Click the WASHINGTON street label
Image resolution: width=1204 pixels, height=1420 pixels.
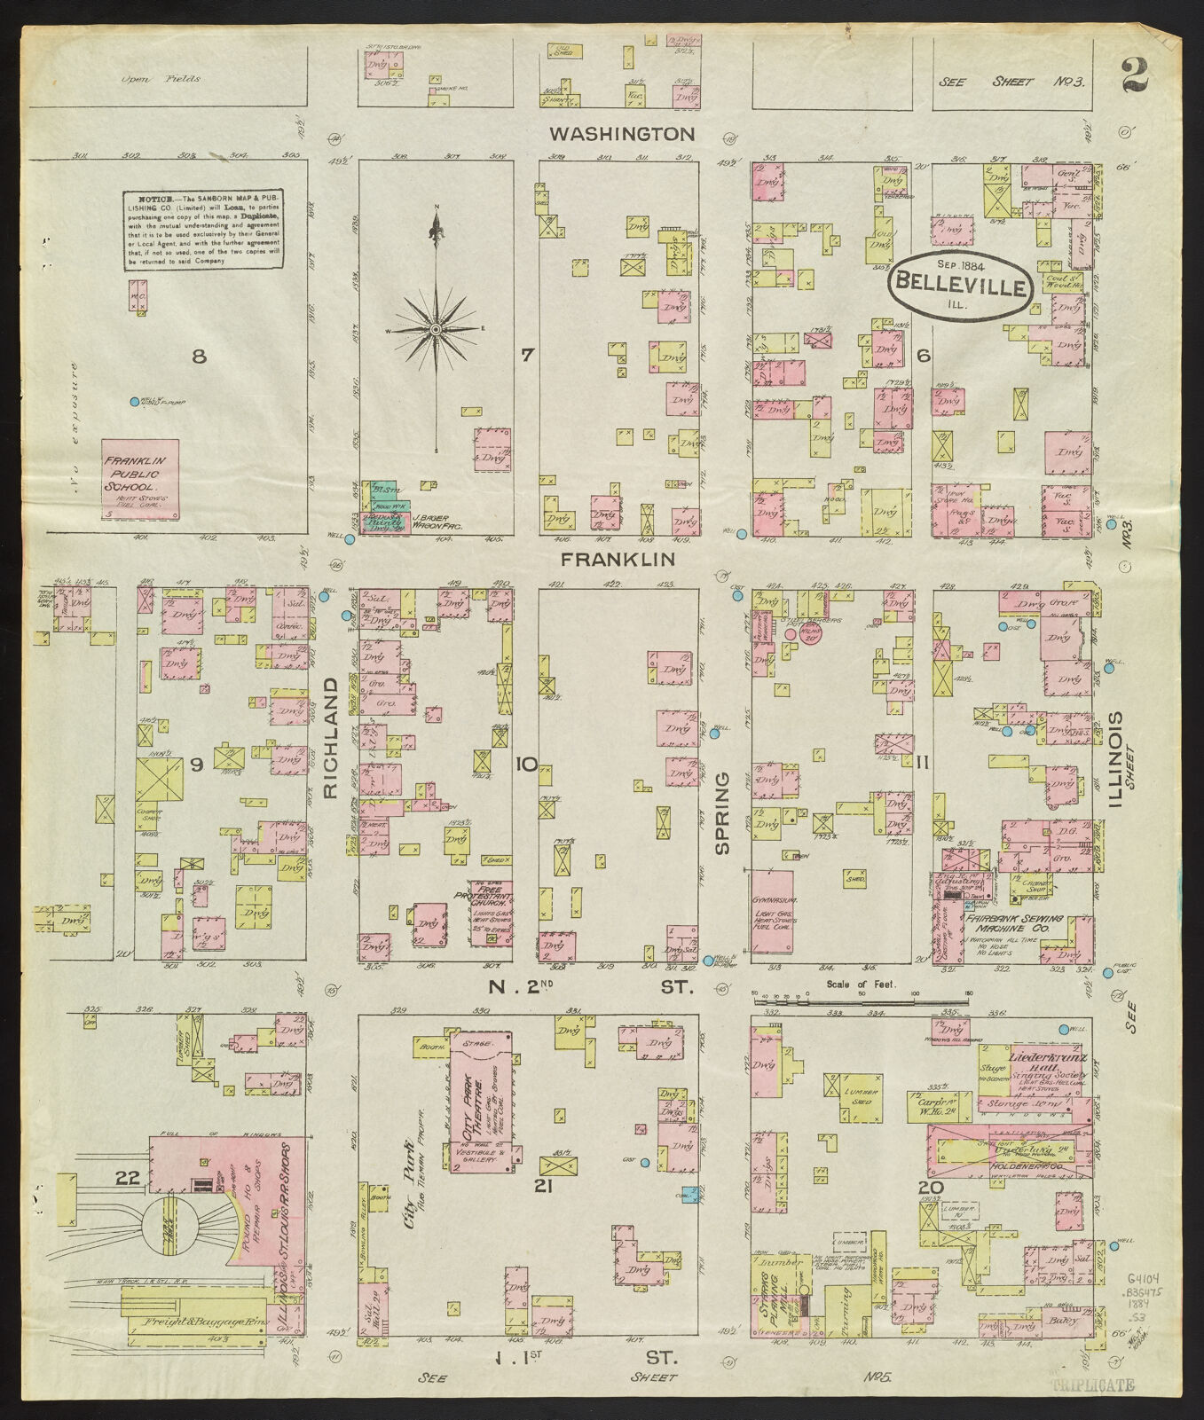pyautogui.click(x=621, y=134)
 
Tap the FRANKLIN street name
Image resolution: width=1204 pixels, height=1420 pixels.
pyautogui.click(x=618, y=559)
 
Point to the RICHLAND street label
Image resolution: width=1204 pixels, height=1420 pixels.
pyautogui.click(x=331, y=739)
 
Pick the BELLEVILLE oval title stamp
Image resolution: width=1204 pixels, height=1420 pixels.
pyautogui.click(x=960, y=286)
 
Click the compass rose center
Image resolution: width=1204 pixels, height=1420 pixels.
pyautogui.click(x=435, y=329)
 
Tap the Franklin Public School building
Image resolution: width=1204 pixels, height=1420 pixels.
pyautogui.click(x=140, y=480)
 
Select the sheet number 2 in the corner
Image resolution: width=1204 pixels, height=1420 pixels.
pyautogui.click(x=1134, y=75)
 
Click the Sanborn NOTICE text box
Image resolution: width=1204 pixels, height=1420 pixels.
pyautogui.click(x=203, y=230)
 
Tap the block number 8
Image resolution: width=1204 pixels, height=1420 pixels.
pyautogui.click(x=199, y=357)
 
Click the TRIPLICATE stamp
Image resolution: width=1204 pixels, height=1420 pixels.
pyautogui.click(x=1092, y=1385)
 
